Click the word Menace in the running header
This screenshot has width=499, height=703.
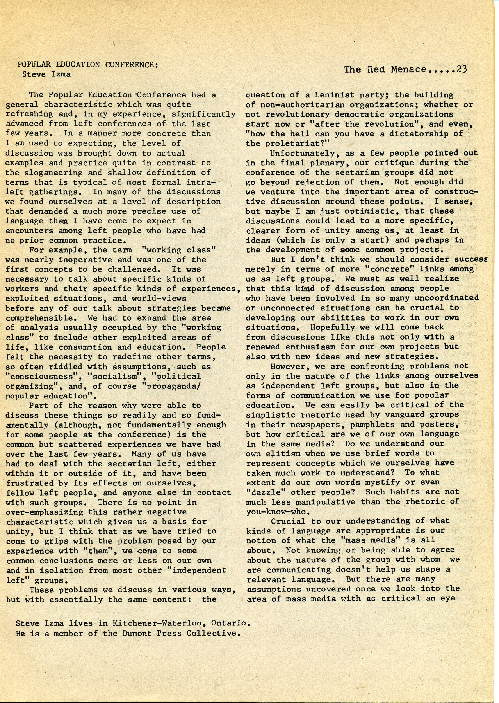(409, 69)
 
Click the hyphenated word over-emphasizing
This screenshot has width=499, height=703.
(45, 512)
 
